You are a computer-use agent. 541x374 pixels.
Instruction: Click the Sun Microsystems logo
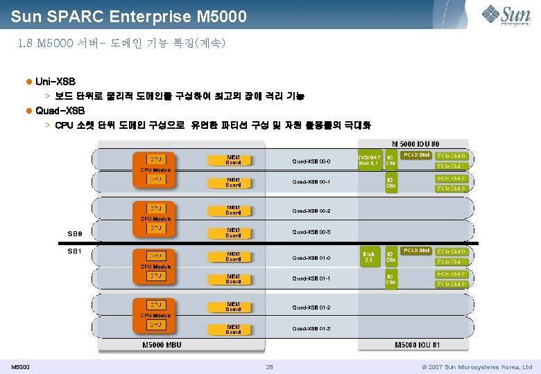[x=510, y=15]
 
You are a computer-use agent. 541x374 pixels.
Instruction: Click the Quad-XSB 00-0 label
[x=311, y=161]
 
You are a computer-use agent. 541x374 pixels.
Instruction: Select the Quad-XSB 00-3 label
[x=311, y=231]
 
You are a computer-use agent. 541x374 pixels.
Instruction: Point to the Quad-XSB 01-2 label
[x=311, y=307]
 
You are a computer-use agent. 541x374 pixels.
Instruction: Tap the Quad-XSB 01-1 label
[x=311, y=278]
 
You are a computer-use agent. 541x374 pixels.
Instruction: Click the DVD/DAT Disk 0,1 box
[x=368, y=160]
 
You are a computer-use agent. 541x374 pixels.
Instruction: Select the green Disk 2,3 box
[x=368, y=257]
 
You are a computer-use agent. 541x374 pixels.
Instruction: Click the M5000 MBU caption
[x=162, y=345]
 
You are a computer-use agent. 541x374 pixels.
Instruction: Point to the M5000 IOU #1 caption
[x=417, y=345]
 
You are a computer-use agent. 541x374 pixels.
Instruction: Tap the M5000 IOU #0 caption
[x=415, y=143]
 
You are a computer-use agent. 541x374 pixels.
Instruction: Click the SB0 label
[x=74, y=233]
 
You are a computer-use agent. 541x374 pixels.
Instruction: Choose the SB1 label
[x=74, y=251]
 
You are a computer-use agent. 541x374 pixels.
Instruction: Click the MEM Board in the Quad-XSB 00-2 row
[x=233, y=209]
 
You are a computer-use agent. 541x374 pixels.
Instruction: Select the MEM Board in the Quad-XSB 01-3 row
[x=233, y=329]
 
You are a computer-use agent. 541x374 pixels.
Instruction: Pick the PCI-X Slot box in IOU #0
[x=416, y=154]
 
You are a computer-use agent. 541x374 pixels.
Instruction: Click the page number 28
[x=270, y=366]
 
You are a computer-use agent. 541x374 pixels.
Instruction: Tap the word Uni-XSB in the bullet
[x=55, y=82]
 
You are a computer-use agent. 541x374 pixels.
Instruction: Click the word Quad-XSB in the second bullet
[x=60, y=111]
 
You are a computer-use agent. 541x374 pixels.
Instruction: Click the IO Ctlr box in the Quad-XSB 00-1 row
[x=391, y=182]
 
